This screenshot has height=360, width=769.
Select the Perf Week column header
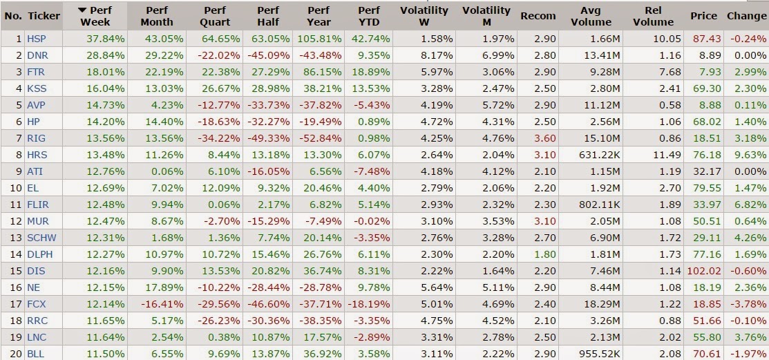(95, 16)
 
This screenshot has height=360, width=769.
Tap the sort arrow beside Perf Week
(82, 10)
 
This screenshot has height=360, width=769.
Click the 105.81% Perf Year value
(319, 39)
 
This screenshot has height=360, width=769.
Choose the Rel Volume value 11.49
(667, 155)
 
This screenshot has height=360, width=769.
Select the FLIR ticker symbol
(38, 205)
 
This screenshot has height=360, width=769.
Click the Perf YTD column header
(368, 16)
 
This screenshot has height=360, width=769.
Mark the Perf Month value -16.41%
(163, 304)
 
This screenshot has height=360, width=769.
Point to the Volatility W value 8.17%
(437, 55)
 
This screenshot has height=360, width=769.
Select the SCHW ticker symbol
(41, 238)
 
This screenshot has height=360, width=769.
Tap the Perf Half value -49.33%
(269, 138)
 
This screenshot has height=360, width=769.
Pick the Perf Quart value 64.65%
(220, 39)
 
